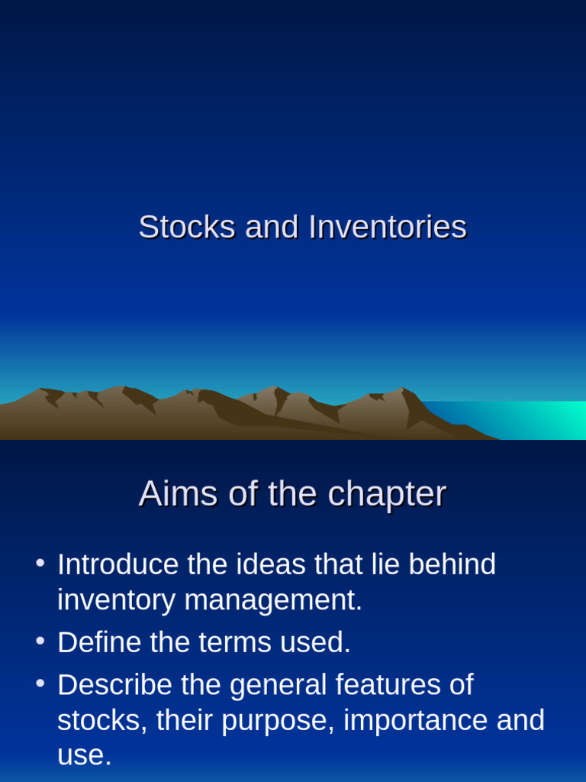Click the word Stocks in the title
click(x=187, y=228)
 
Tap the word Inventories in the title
click(x=388, y=228)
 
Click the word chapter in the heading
click(x=387, y=495)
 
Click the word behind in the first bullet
click(x=452, y=564)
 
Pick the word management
click(x=273, y=600)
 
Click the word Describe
click(x=114, y=684)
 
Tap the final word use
click(x=84, y=755)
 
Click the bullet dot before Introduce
click(x=40, y=564)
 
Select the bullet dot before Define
click(x=40, y=641)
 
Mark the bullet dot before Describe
click(x=40, y=683)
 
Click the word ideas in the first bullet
click(x=267, y=564)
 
